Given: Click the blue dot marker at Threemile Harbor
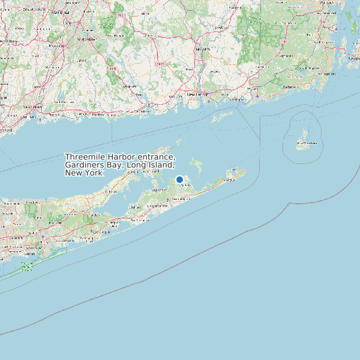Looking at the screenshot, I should point(179,179).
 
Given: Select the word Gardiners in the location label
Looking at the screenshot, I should point(84,165).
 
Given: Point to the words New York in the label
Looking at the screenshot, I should point(84,173).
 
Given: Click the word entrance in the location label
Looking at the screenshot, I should point(155,157).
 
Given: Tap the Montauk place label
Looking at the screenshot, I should point(230,179).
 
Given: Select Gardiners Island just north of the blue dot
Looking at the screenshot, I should point(195,163).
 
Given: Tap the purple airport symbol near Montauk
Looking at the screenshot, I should point(234,170).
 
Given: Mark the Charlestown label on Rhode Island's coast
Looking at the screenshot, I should point(290,87).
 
